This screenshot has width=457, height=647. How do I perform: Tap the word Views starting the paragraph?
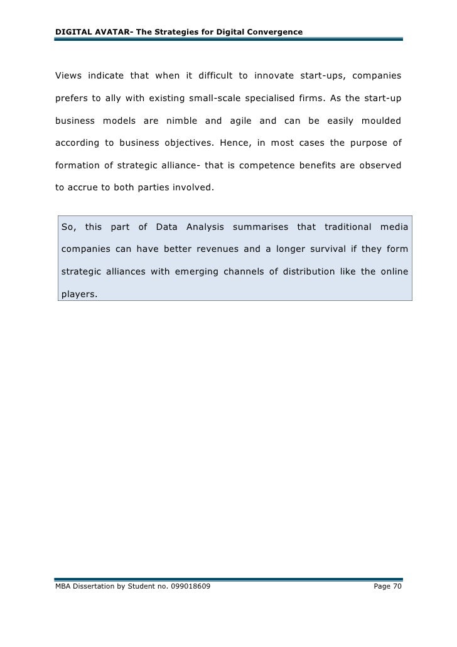click(x=68, y=77)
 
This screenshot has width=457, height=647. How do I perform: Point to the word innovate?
click(x=278, y=77)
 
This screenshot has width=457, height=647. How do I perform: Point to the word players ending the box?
click(x=80, y=293)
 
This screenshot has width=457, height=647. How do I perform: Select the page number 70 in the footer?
click(x=395, y=586)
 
